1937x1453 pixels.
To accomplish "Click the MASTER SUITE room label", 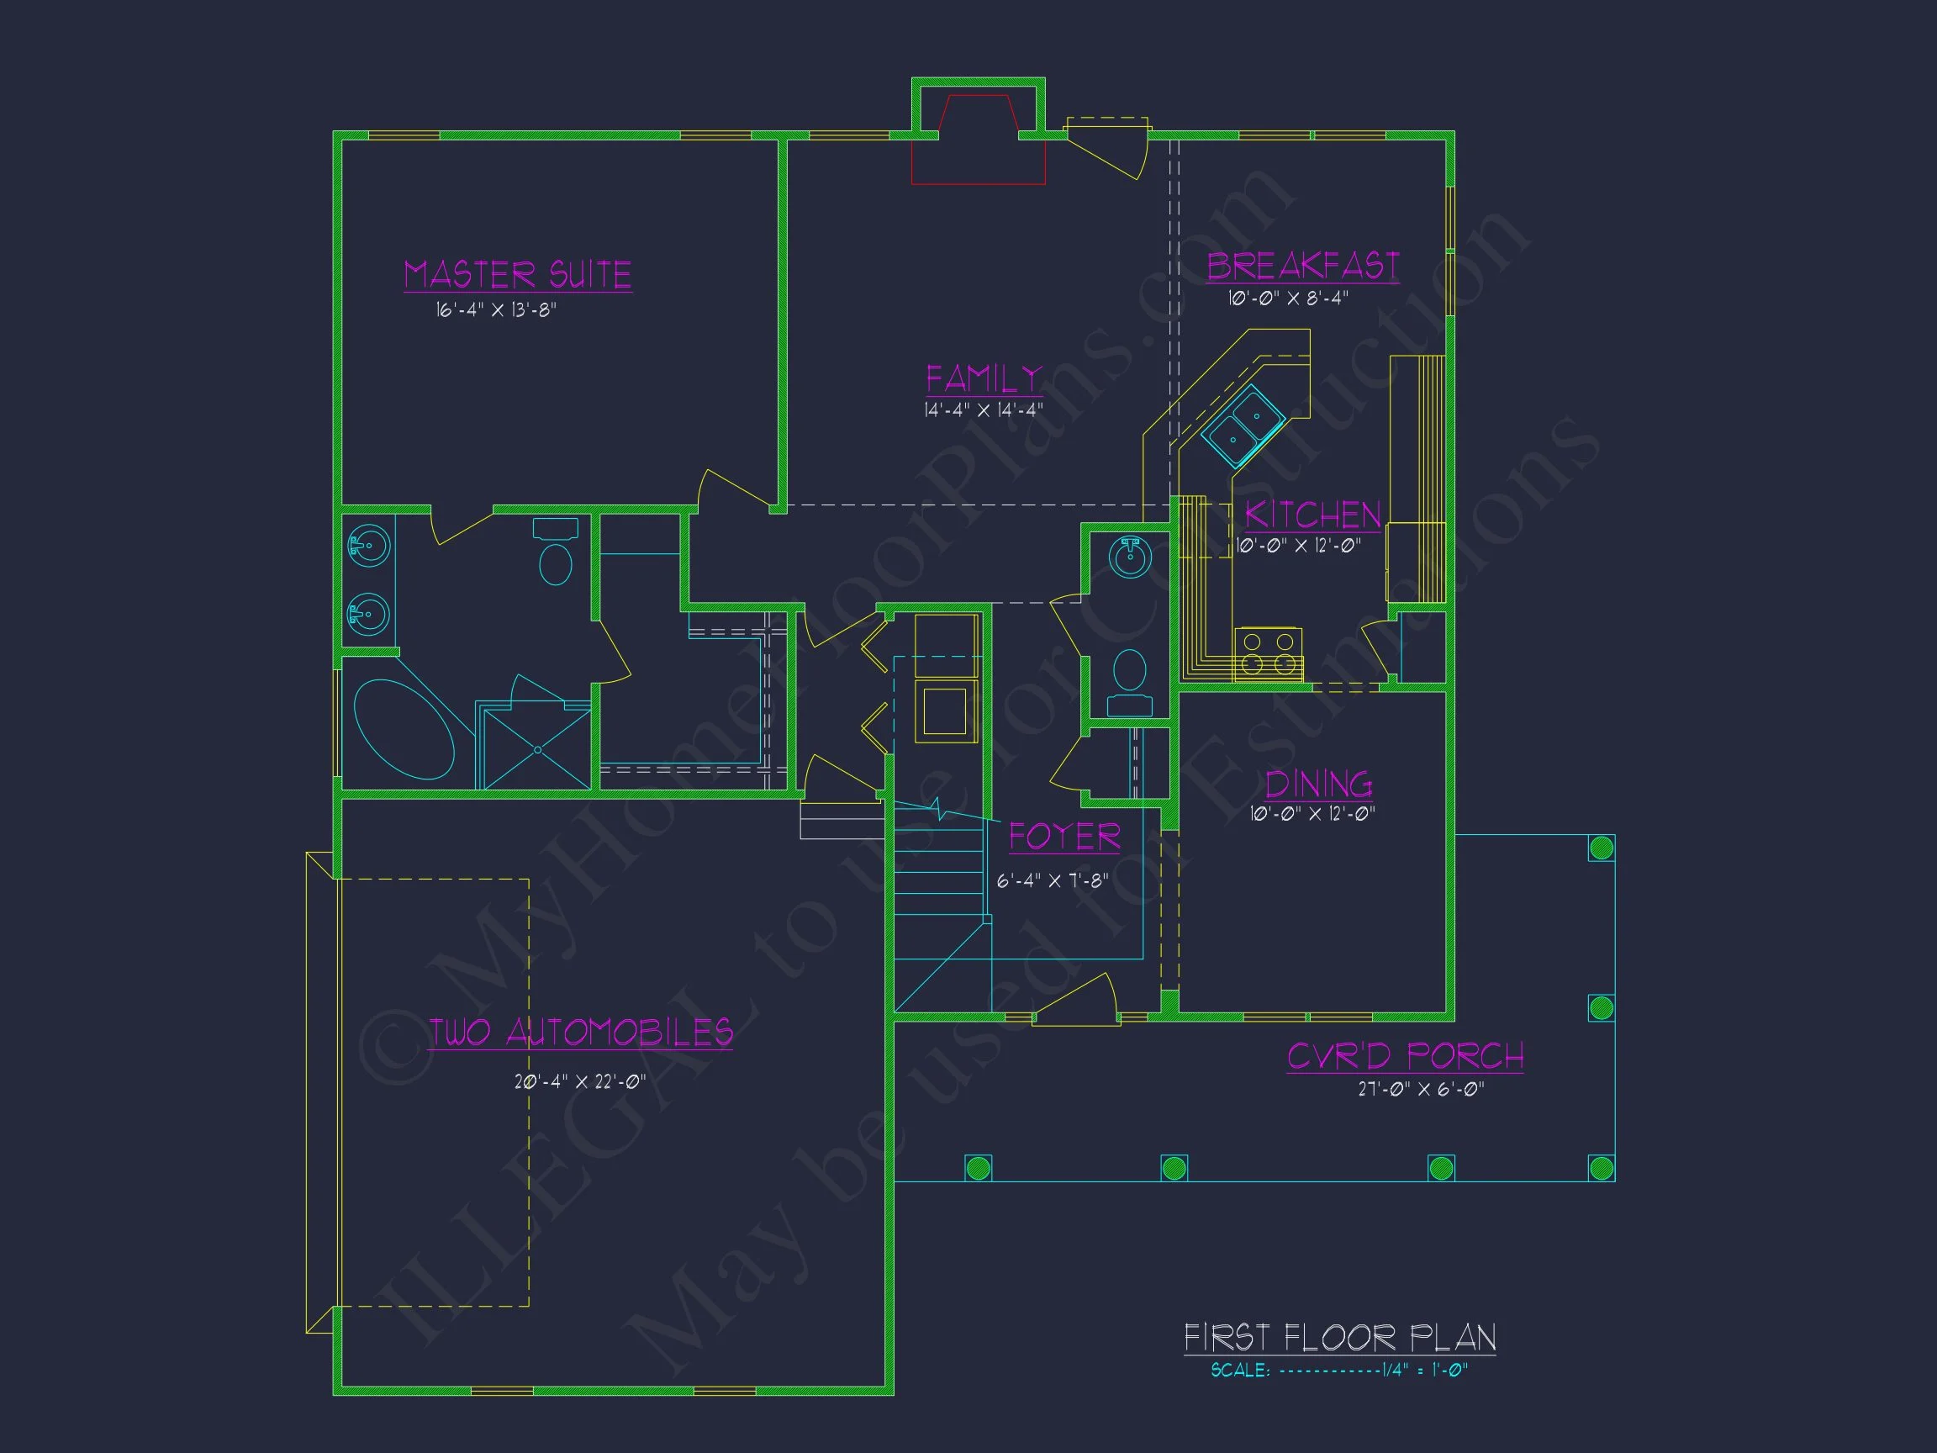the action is coord(518,274).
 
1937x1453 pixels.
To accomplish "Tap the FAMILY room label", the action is coord(984,379).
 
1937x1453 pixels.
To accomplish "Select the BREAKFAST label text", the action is coord(1303,267).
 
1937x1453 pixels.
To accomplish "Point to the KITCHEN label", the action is coord(1312,515).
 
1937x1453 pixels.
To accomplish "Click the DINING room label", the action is coord(1319,784).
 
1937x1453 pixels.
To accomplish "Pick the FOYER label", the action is coord(1065,837).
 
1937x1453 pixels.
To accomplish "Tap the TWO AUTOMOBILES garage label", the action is coord(581,1033).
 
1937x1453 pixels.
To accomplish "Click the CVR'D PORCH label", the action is coord(1406,1056).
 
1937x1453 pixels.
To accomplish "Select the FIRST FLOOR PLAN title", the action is coord(1340,1338).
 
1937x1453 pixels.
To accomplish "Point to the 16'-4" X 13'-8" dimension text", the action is coord(497,310).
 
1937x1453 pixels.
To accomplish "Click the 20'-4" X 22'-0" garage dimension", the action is coord(581,1081).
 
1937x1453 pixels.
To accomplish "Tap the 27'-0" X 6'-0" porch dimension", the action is coord(1422,1090).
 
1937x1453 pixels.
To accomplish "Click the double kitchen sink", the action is coord(1243,425).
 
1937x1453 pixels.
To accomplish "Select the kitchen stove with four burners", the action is coord(1268,655).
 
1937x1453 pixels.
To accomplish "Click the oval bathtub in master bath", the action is coord(404,730).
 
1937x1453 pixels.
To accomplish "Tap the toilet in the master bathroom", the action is coord(555,552).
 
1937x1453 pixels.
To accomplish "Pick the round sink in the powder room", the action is coord(1131,557).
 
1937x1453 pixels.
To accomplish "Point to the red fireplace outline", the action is coord(978,140).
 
